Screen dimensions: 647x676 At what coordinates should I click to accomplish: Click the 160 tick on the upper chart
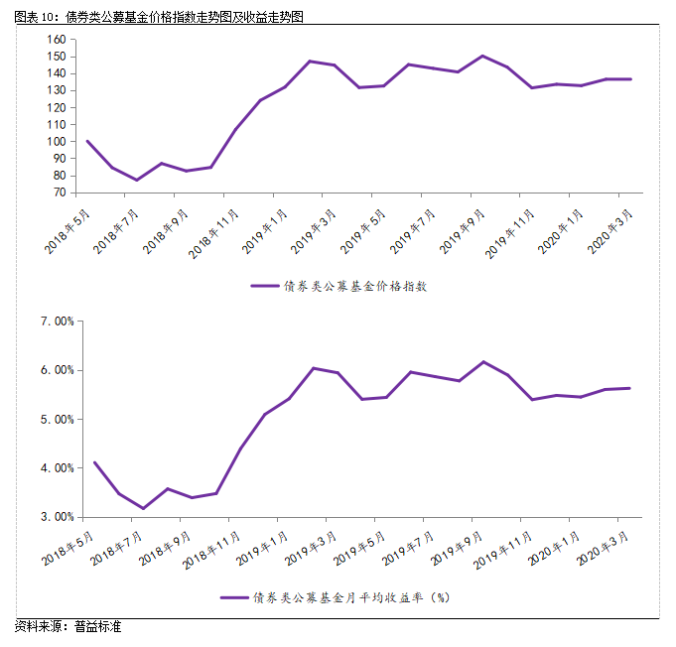click(56, 39)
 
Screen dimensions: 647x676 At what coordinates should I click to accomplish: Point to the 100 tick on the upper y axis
click(56, 142)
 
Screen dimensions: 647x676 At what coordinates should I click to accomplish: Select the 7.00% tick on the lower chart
click(58, 322)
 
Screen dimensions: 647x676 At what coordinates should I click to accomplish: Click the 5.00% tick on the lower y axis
click(58, 420)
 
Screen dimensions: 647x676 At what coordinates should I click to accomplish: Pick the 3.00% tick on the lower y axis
click(58, 517)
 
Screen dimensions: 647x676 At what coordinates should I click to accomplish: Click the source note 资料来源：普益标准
click(68, 628)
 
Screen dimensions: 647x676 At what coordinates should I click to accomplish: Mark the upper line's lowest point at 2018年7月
click(137, 180)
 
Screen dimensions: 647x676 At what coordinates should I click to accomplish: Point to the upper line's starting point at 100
click(88, 141)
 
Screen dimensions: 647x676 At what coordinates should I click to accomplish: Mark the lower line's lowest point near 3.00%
click(144, 508)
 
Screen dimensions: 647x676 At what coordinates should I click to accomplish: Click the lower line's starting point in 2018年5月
click(95, 462)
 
